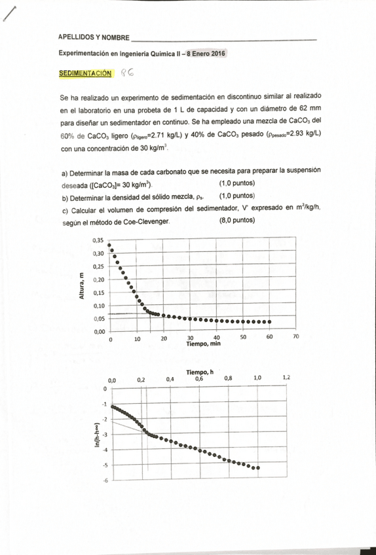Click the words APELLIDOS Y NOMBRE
tap(94, 39)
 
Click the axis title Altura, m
tap(82, 287)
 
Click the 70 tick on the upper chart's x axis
tap(295, 337)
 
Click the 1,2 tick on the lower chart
tap(286, 378)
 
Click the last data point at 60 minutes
tap(269, 321)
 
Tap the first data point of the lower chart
tap(113, 406)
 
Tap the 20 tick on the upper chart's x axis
tap(164, 337)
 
